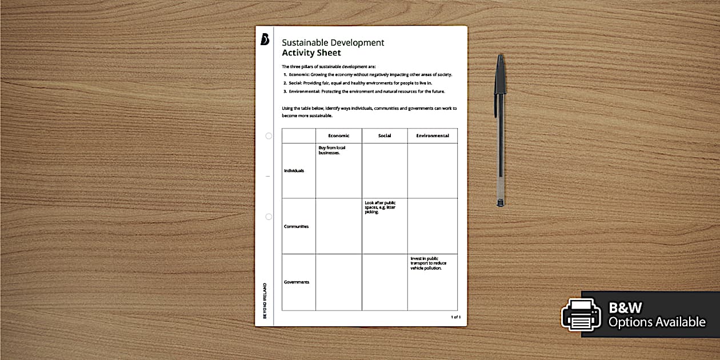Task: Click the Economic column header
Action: pos(339,136)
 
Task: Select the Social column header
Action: pos(385,136)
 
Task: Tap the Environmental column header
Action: pos(433,136)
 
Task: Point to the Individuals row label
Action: pos(294,171)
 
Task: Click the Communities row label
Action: pos(296,227)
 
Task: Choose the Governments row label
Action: pos(296,282)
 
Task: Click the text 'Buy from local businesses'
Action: pos(332,150)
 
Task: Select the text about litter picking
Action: pos(380,207)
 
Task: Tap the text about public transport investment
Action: pos(428,263)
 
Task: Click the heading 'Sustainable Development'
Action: pos(333,43)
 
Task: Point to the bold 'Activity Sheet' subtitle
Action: pos(311,53)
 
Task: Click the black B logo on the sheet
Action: pos(265,39)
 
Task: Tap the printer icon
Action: pos(581,314)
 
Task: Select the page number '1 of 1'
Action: pos(455,317)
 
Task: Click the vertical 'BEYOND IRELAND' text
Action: pos(265,301)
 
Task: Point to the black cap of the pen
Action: pos(500,74)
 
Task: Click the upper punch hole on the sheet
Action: pos(269,136)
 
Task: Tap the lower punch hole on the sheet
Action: pos(269,217)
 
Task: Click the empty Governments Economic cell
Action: pos(339,282)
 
